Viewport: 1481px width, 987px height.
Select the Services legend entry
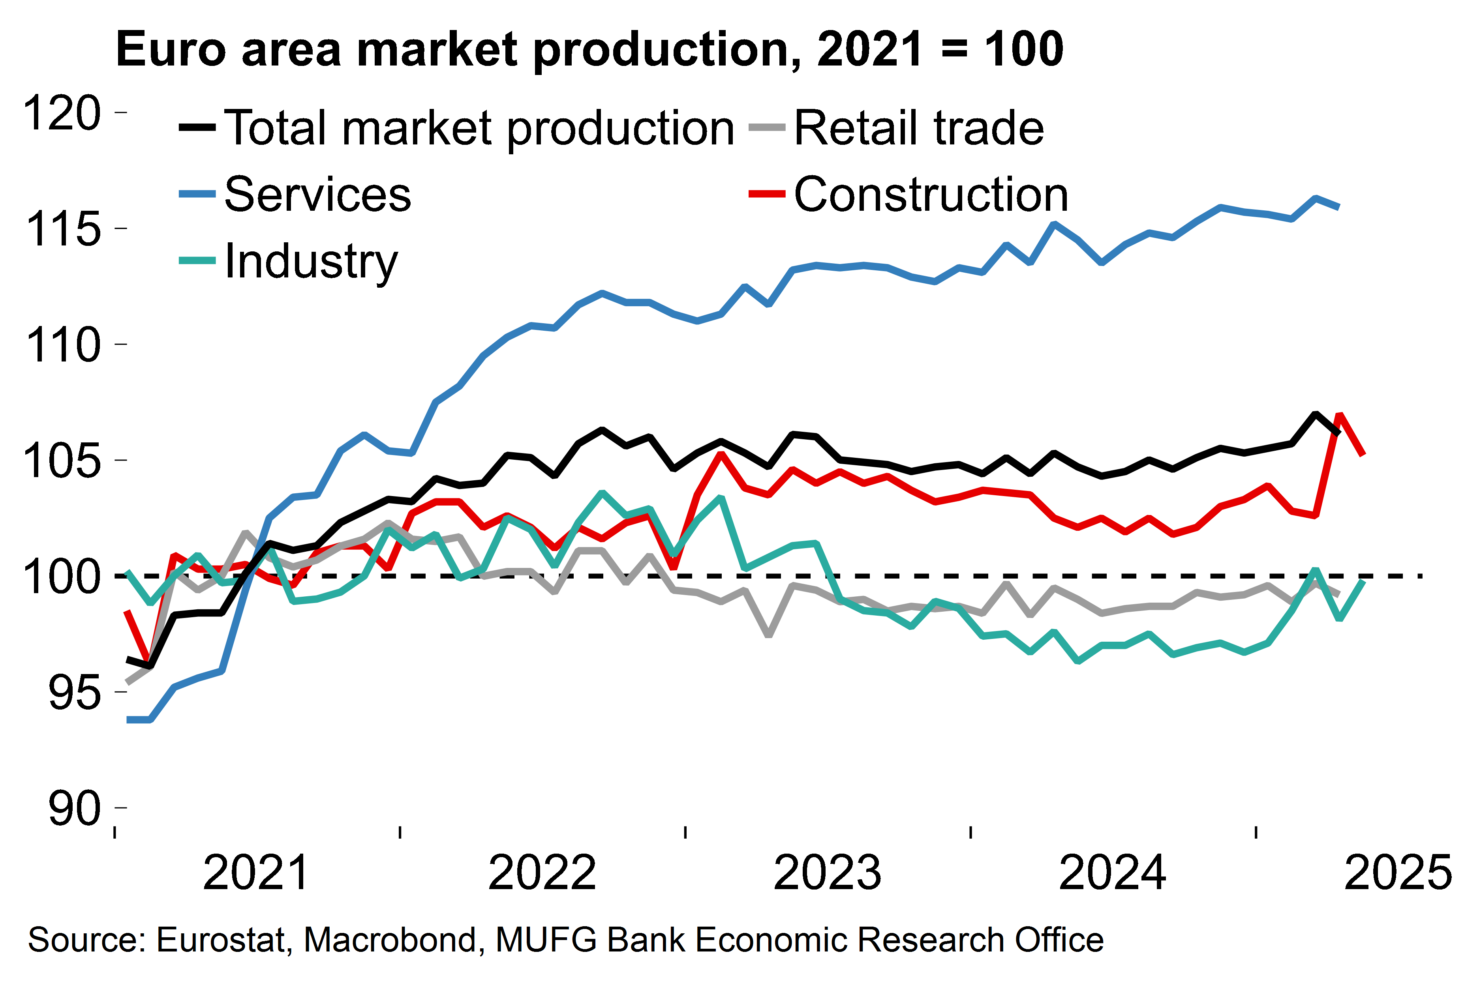click(x=317, y=195)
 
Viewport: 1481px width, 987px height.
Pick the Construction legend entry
click(x=931, y=195)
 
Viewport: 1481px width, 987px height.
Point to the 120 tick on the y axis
click(x=62, y=113)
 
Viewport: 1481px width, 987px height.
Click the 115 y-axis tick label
click(x=62, y=229)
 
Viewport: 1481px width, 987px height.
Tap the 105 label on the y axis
click(x=62, y=461)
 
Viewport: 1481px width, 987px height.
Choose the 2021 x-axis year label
click(x=255, y=873)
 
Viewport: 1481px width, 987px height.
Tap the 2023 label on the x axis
click(x=827, y=873)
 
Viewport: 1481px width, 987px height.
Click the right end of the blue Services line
click(x=1339, y=206)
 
